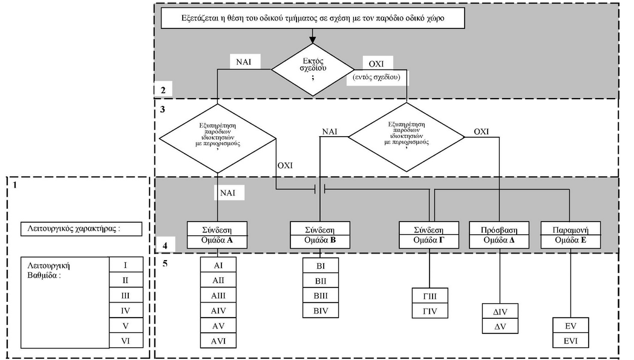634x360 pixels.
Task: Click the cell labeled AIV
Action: [x=218, y=311]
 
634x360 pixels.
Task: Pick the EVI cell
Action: [x=570, y=341]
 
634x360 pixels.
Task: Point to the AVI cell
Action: [x=218, y=341]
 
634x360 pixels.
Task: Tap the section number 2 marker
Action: [x=163, y=90]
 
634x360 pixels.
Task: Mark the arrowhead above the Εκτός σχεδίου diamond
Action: [x=313, y=39]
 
